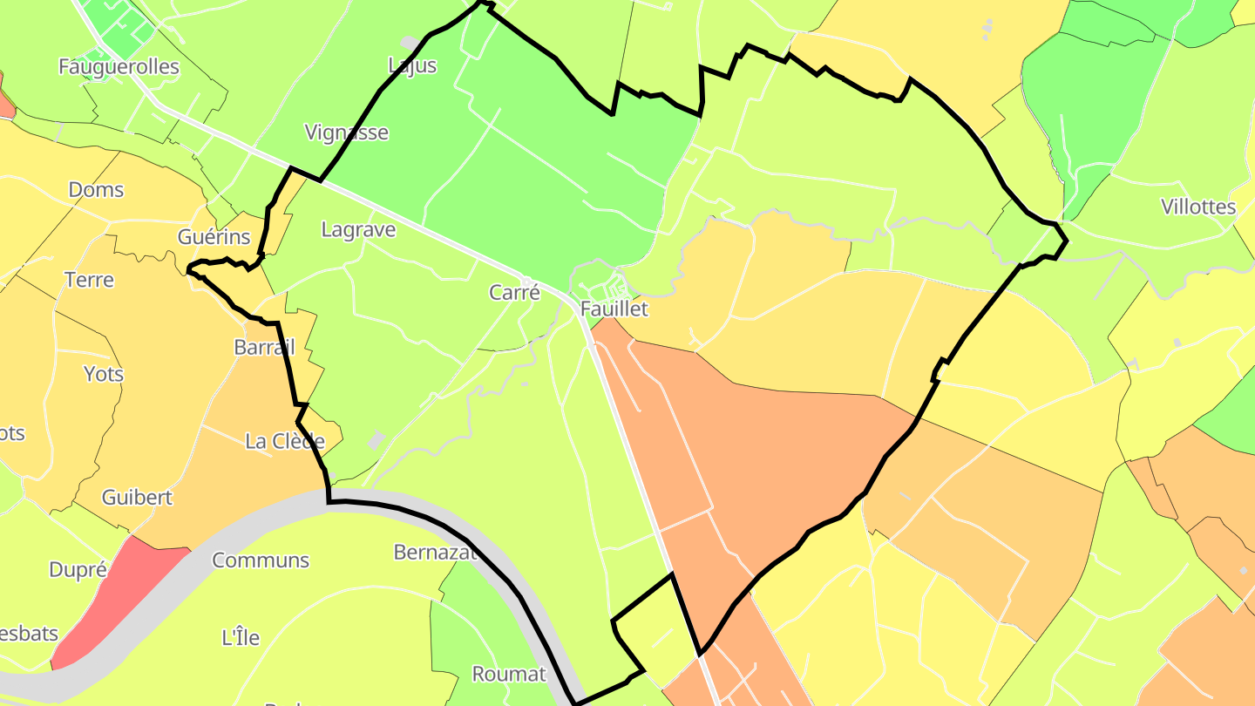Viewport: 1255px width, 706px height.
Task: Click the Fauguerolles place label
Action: (119, 67)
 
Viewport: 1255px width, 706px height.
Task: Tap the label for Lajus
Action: (412, 65)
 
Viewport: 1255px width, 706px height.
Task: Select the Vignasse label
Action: (346, 132)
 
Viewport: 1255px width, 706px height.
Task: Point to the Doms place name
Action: (96, 190)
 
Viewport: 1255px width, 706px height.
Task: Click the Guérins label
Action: (214, 237)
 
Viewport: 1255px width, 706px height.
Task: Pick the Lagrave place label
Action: (358, 230)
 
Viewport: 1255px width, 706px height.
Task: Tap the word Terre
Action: (89, 281)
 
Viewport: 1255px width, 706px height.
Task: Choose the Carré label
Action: (514, 293)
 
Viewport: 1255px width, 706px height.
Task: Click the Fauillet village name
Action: (614, 309)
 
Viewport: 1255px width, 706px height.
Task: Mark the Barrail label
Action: (264, 348)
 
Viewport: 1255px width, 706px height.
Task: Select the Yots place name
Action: (104, 375)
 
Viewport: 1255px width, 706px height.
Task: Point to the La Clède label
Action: (285, 442)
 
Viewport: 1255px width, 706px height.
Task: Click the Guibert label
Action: (137, 499)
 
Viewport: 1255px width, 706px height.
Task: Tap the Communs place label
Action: (261, 560)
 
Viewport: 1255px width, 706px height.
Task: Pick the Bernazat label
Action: (436, 553)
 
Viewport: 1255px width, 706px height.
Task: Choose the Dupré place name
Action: (78, 570)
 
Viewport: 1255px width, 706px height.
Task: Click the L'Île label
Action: (241, 638)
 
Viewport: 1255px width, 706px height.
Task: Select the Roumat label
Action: (508, 674)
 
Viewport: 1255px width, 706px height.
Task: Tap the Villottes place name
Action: (1198, 207)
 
